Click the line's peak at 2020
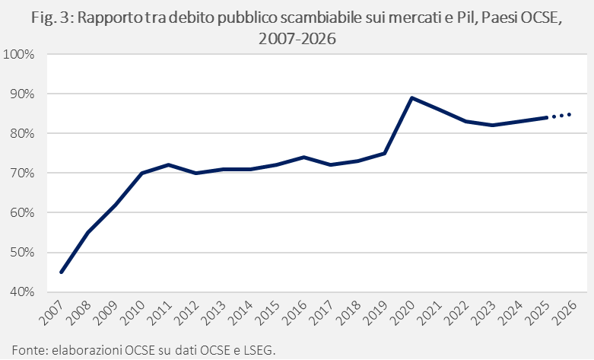[411, 97]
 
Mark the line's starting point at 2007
[61, 272]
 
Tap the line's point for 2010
[141, 173]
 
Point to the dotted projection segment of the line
[560, 116]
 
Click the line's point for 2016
[303, 157]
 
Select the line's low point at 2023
[492, 125]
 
